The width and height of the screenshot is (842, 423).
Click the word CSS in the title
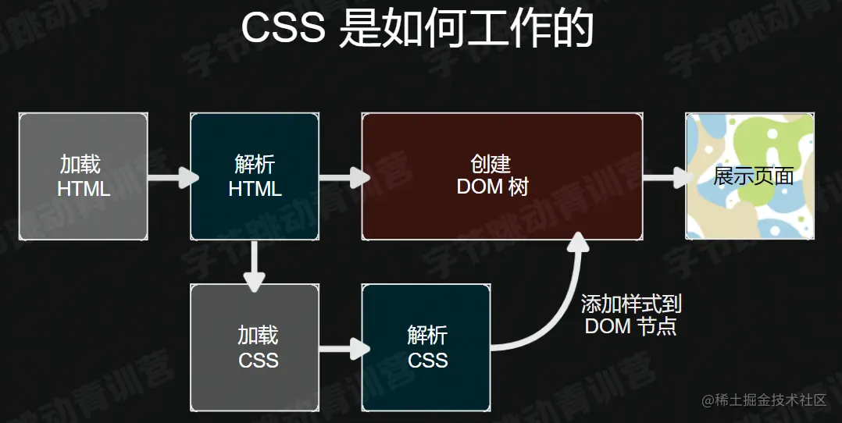click(x=283, y=30)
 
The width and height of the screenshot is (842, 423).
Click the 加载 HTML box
click(x=84, y=176)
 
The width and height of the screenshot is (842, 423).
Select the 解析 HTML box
click(x=255, y=176)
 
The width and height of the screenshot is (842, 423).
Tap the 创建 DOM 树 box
click(x=501, y=176)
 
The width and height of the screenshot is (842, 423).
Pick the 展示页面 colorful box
click(x=751, y=176)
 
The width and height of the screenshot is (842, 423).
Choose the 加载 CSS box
click(x=255, y=348)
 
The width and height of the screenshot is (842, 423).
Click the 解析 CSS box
click(x=426, y=348)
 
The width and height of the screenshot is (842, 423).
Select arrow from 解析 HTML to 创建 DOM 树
click(x=342, y=177)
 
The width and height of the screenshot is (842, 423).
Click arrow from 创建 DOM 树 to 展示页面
click(x=666, y=177)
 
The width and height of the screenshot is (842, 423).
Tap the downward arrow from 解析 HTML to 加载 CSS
click(x=255, y=265)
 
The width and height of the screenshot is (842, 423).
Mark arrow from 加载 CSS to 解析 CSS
click(x=342, y=348)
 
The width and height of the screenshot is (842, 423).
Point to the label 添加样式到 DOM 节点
click(x=631, y=315)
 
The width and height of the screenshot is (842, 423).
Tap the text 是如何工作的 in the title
click(x=466, y=30)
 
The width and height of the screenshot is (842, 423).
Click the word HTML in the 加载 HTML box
click(x=84, y=189)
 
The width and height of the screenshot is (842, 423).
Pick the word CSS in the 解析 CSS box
click(x=427, y=360)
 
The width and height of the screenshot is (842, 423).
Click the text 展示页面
click(x=753, y=176)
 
